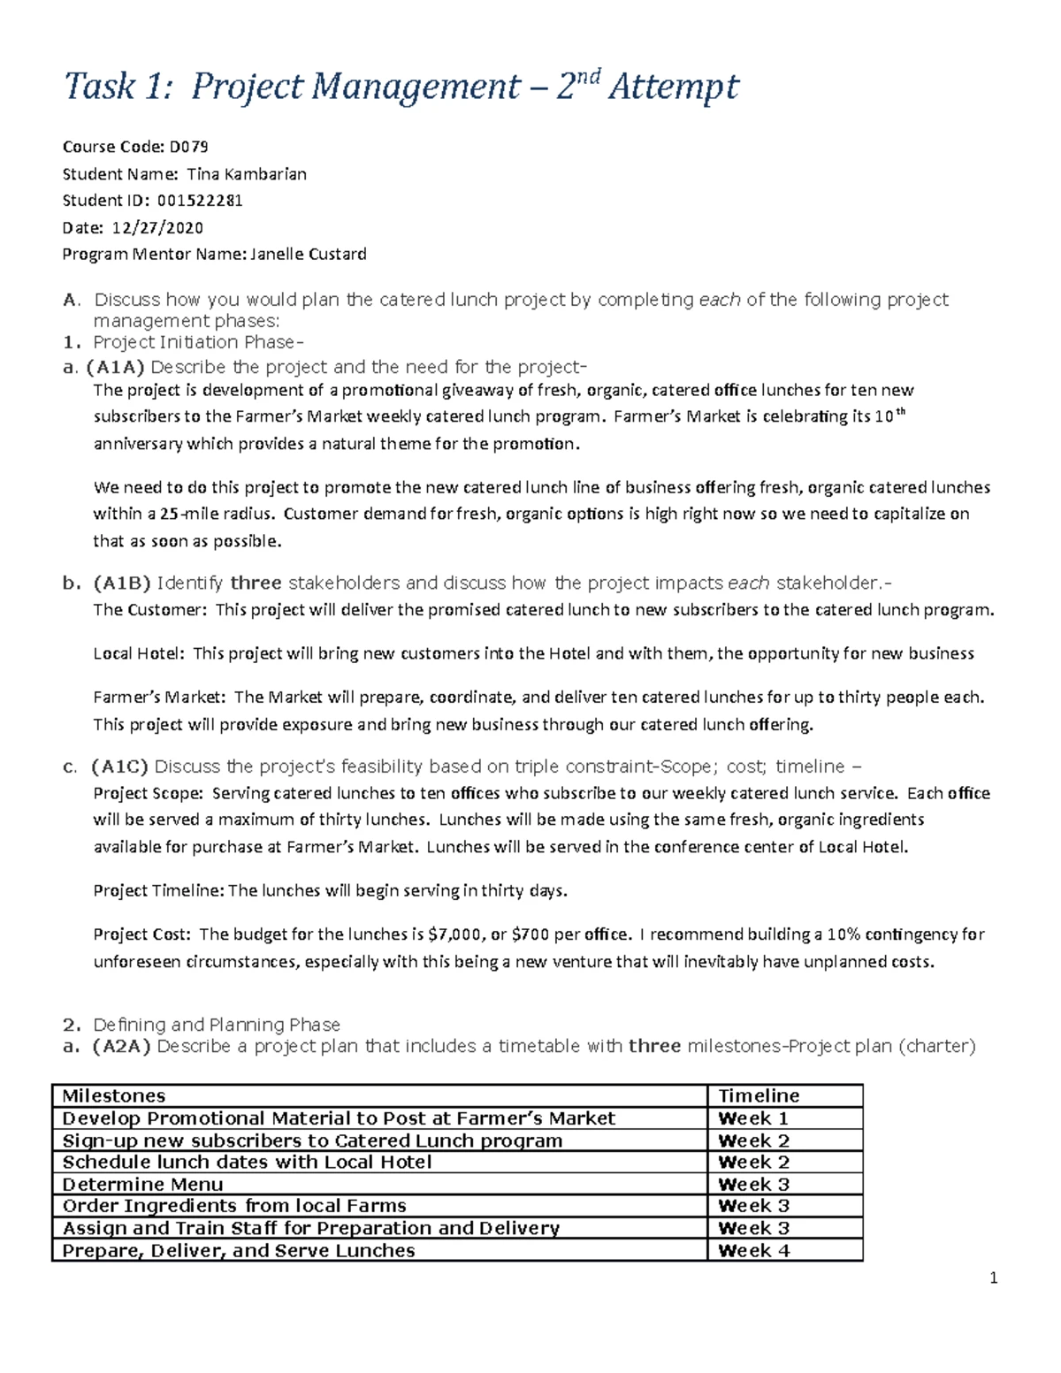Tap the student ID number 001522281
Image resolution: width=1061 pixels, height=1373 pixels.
[x=200, y=201]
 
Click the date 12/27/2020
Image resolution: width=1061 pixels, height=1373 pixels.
[x=157, y=228]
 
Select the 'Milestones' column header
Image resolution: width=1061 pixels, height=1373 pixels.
[x=114, y=1096]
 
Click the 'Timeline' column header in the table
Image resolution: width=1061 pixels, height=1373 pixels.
[x=759, y=1096]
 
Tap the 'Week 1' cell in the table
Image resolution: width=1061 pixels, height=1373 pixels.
[x=753, y=1118]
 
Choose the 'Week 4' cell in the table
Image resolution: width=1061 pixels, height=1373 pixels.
[x=753, y=1251]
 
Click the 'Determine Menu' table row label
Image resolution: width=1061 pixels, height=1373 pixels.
[x=142, y=1185]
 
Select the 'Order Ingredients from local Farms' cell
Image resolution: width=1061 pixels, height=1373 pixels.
[x=234, y=1206]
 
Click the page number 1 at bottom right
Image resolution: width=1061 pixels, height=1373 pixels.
[x=994, y=1278]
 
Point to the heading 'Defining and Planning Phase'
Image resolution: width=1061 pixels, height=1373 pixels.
[x=217, y=1025]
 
